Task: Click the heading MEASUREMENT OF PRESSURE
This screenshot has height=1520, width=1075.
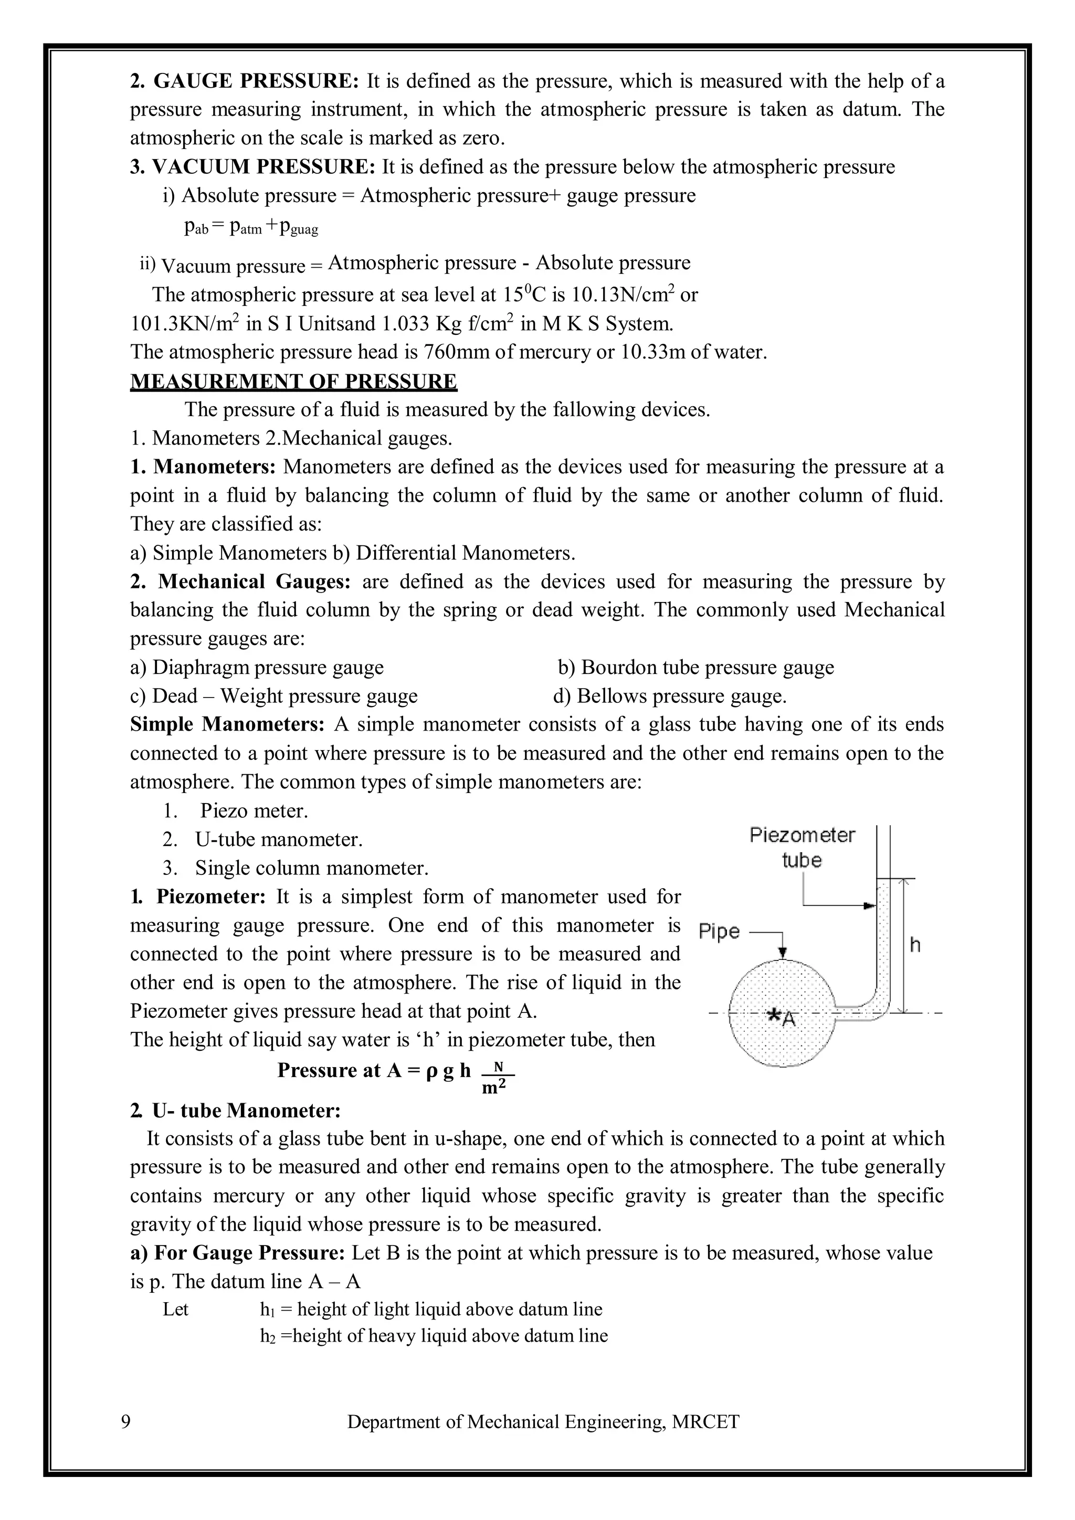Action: click(x=293, y=382)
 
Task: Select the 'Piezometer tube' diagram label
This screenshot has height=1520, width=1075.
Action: click(x=802, y=847)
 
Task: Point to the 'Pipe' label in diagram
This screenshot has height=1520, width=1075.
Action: click(x=719, y=932)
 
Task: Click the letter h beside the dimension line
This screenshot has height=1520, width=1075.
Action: click(x=915, y=945)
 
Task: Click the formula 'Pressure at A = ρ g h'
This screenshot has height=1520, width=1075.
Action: click(x=375, y=1071)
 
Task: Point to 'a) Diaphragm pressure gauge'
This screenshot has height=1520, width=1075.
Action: click(x=257, y=667)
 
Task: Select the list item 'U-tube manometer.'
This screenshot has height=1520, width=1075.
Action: click(x=279, y=839)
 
